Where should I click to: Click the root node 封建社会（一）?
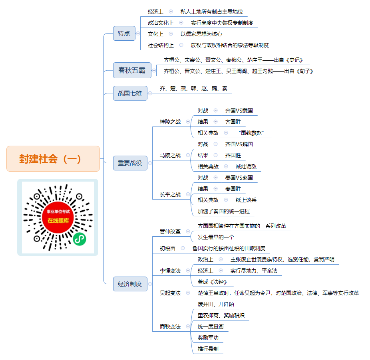click(x=53, y=159)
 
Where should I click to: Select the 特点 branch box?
click(x=124, y=33)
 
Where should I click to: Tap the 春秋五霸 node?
click(x=132, y=70)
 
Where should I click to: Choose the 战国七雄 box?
click(x=130, y=93)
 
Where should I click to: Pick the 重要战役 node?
click(x=130, y=163)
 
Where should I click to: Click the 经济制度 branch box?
click(x=130, y=284)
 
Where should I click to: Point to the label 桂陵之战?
click(x=170, y=122)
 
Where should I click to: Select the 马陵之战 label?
click(x=170, y=155)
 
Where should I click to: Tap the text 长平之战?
click(x=170, y=194)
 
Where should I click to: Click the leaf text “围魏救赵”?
click(x=251, y=133)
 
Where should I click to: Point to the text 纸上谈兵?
click(x=246, y=200)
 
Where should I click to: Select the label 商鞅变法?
click(x=170, y=326)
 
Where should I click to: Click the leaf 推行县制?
click(x=208, y=349)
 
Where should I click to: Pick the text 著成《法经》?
click(x=213, y=282)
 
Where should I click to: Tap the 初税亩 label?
click(x=167, y=249)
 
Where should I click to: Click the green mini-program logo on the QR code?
click(x=80, y=239)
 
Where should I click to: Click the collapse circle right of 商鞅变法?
click(x=188, y=326)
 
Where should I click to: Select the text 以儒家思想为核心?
click(x=201, y=34)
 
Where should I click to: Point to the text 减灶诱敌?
click(x=246, y=166)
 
